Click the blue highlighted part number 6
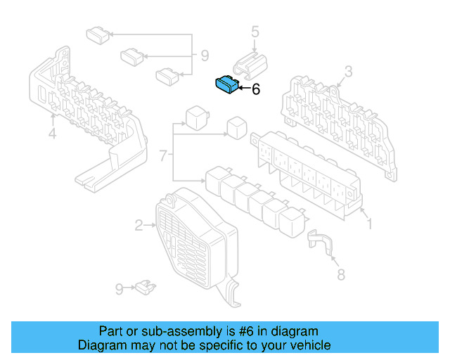pos(226,84)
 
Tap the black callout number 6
pos(256,89)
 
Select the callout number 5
pos(255,32)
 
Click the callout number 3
pos(348,72)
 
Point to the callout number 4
pos(52,134)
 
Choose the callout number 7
pos(163,156)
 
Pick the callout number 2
pos(139,226)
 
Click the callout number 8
pos(341,275)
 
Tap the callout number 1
pos(370,224)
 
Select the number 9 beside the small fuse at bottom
pos(120,290)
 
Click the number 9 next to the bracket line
pos(205,56)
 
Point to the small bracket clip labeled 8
pos(321,242)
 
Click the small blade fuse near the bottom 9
pos(146,288)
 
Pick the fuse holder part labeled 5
pos(250,65)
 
